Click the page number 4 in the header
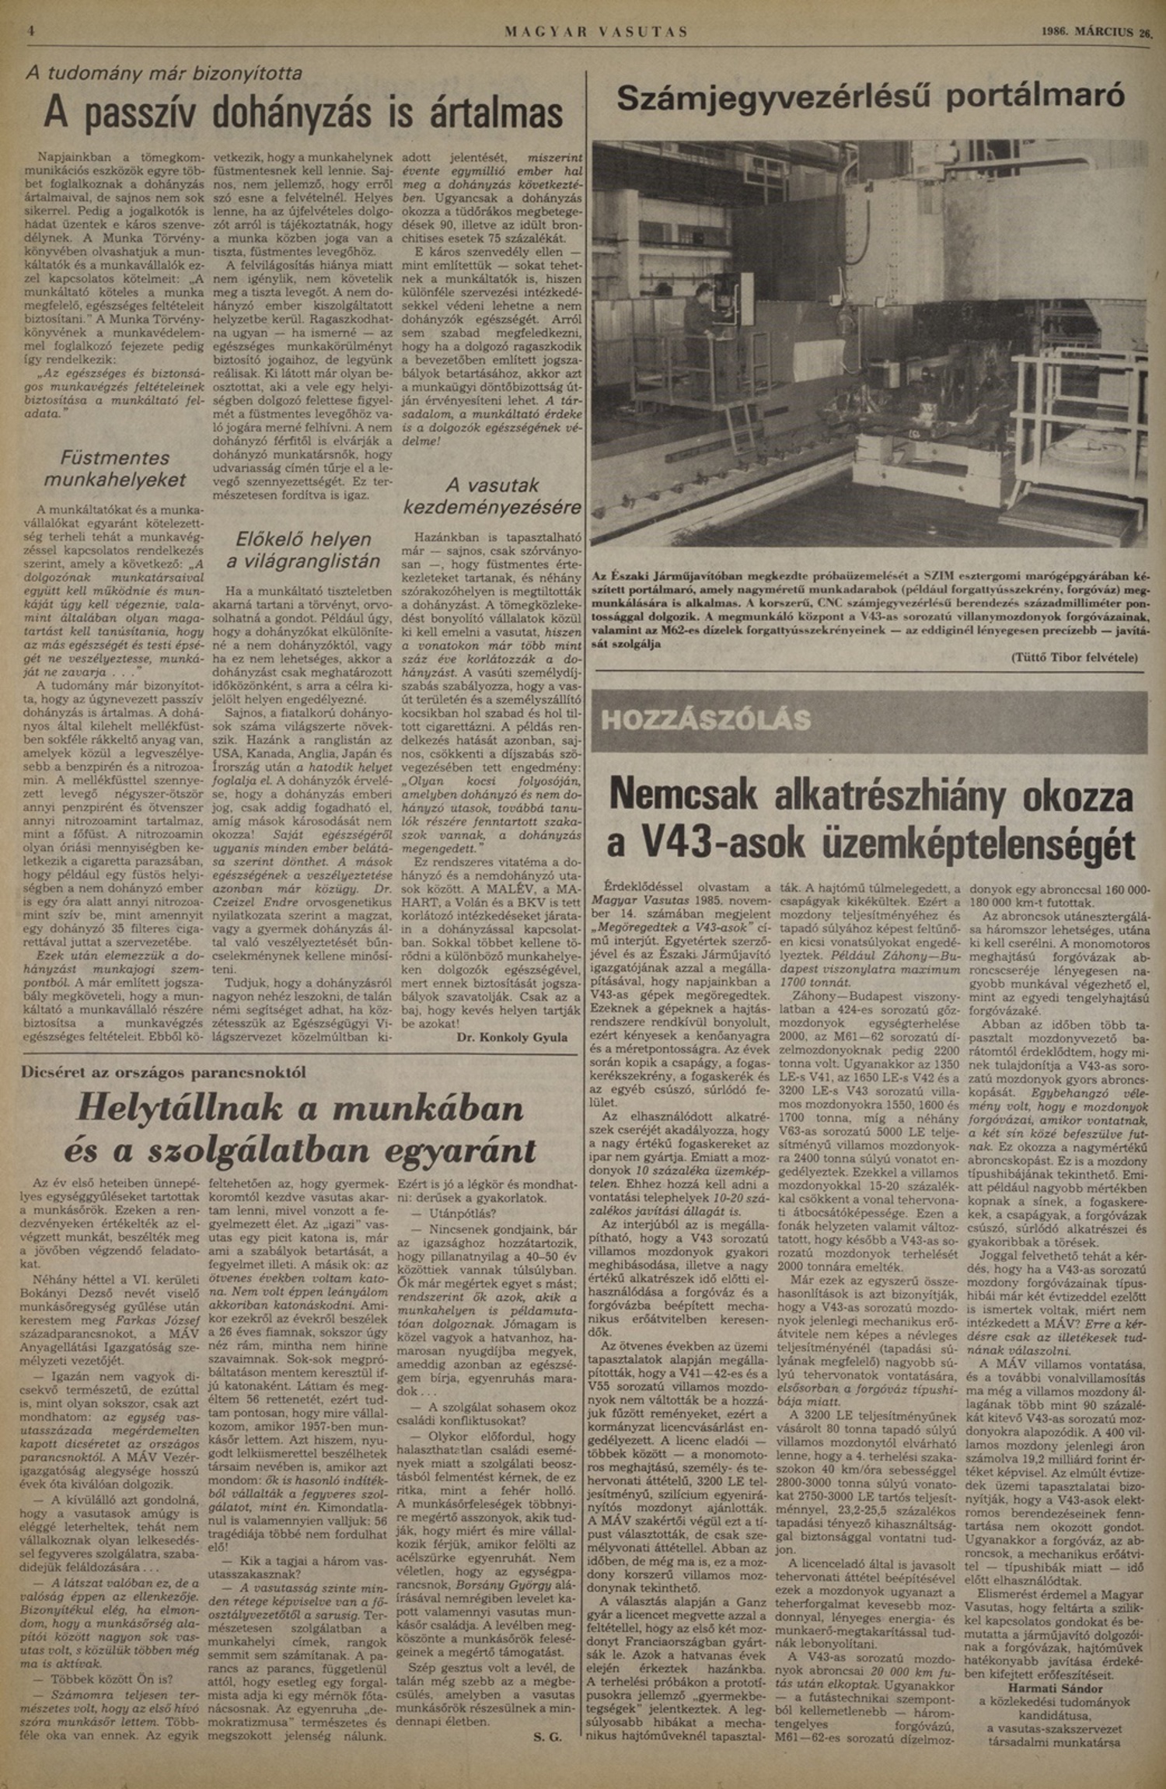32,33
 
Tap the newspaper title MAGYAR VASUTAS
596,33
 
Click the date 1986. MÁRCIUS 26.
1096,33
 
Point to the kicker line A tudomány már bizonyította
164,74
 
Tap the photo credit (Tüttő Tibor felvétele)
1074,657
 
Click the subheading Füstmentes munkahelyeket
115,469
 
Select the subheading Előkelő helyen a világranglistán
303,550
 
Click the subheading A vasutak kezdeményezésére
492,497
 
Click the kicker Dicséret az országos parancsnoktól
163,1072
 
